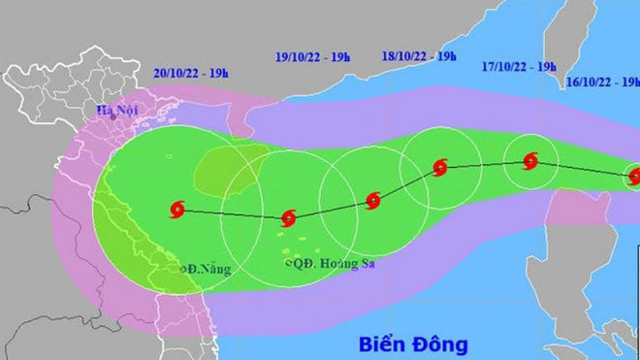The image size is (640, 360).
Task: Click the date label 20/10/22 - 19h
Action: [190, 73]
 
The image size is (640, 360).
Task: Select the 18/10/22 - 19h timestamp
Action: [419, 57]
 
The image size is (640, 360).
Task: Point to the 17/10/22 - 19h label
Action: [519, 67]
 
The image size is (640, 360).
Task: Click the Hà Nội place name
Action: [117, 110]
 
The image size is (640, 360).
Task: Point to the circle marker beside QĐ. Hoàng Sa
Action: [289, 262]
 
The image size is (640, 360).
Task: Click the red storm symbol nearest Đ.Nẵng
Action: [176, 209]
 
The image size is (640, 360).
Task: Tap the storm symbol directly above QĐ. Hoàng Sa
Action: [288, 218]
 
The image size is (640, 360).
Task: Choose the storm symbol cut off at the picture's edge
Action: [634, 177]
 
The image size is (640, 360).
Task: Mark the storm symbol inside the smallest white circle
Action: [530, 162]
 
